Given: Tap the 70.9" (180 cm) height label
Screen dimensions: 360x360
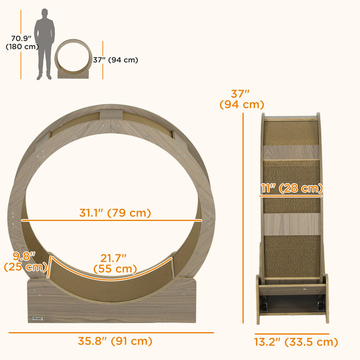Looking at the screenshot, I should click(16, 42).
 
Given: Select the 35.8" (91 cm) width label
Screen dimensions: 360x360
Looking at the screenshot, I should click(115, 341).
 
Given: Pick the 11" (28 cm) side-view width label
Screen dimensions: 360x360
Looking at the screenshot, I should click(291, 188).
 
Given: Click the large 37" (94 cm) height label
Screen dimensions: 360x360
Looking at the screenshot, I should click(241, 99).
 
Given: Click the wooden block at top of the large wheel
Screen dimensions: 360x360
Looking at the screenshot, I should click(110, 112).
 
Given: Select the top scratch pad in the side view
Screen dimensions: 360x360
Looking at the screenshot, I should click(291, 133).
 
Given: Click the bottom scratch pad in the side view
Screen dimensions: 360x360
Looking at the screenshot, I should click(291, 256).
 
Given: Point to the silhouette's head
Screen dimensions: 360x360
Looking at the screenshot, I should click(44, 12).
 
